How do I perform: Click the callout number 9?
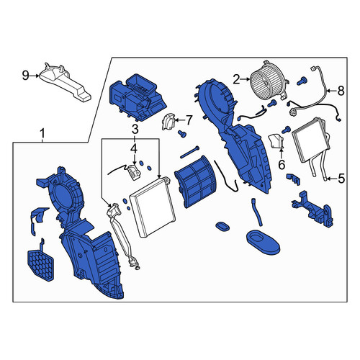tap(25, 76)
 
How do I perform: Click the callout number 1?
tap(42, 133)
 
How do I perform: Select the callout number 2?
tap(236, 79)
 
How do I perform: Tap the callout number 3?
tap(135, 130)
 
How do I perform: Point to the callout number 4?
tap(134, 148)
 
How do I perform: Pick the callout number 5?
tap(341, 179)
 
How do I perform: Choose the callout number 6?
tap(282, 165)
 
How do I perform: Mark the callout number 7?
tap(189, 120)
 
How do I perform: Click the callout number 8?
tap(341, 91)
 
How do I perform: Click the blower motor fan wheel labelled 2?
tap(269, 81)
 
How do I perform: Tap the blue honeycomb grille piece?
tap(41, 265)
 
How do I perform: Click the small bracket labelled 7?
tap(168, 122)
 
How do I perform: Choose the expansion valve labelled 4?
tap(134, 172)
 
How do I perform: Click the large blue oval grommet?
tap(263, 243)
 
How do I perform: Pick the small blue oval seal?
tap(222, 226)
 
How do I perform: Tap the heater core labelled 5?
tap(310, 140)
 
